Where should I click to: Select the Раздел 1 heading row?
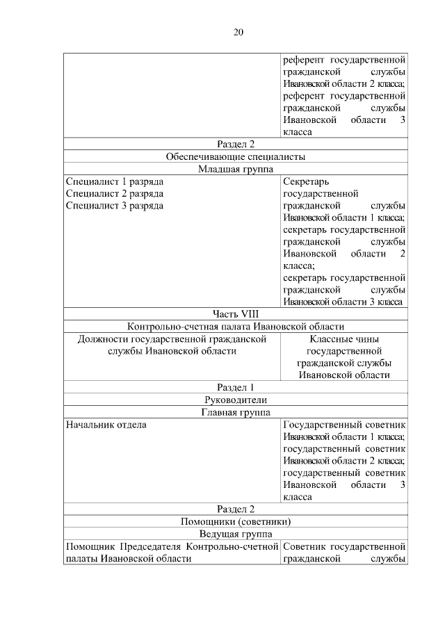pos(236,387)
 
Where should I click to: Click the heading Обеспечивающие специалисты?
pos(236,156)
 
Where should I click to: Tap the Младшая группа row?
pos(236,169)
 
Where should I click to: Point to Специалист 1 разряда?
pos(115,181)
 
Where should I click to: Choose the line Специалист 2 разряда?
pos(115,194)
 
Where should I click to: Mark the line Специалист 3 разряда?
pos(115,206)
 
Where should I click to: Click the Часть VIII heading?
pos(236,313)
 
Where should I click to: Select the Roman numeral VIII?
pos(248,313)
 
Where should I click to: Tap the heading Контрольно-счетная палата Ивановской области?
pos(236,327)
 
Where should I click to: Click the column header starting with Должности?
pos(172,345)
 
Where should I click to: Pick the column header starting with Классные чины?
pos(344,339)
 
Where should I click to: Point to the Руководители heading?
pos(236,400)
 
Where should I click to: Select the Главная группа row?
pos(236,411)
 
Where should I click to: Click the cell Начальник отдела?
pos(106,424)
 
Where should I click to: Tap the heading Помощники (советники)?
pos(236,521)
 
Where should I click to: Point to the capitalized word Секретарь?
pos(305,181)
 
